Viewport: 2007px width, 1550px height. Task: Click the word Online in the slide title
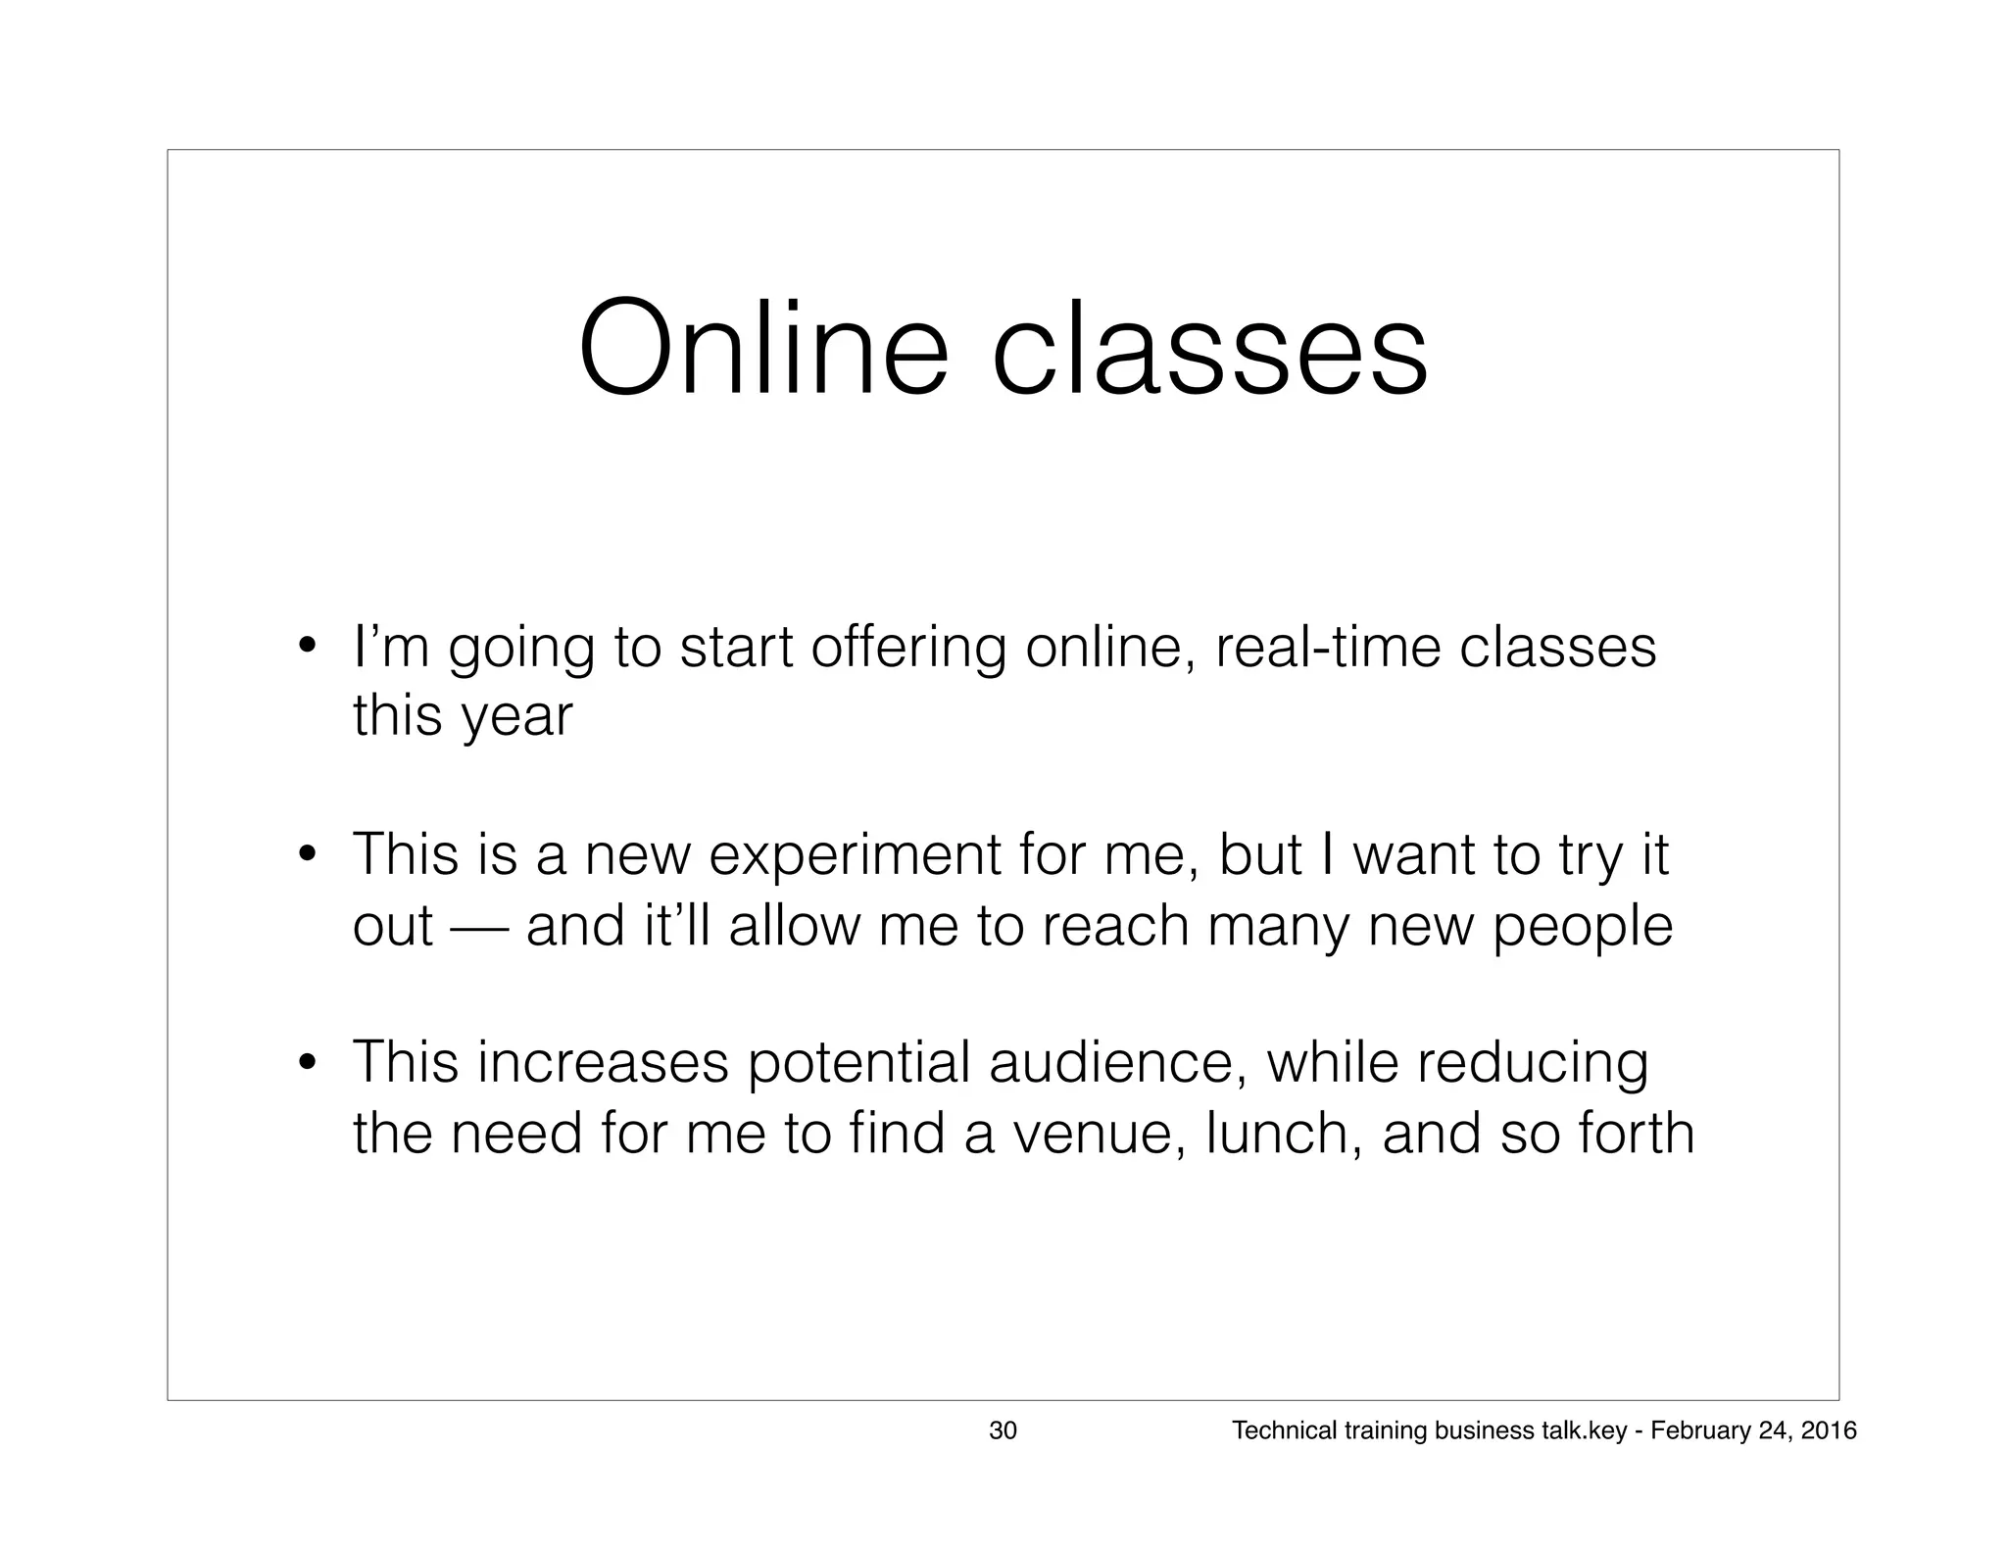763,349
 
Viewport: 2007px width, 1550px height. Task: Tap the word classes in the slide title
1209,349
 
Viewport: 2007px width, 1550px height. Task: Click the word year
516,717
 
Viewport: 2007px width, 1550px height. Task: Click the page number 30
1003,1431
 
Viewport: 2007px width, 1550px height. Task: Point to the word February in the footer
1694,1431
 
